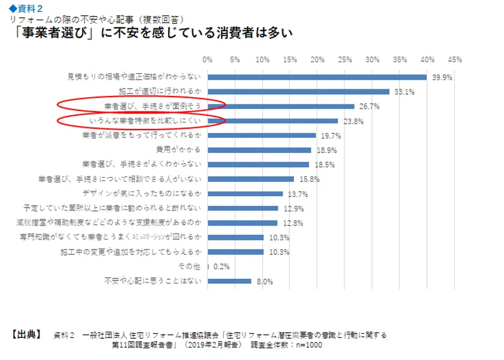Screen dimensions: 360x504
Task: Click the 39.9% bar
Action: [317, 77]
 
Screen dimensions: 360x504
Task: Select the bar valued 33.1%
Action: [298, 92]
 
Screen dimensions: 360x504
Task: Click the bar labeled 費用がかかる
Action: [259, 150]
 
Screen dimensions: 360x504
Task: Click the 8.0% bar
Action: [229, 281]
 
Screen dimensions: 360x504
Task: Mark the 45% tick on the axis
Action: [454, 59]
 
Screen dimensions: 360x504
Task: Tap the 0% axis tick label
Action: [208, 59]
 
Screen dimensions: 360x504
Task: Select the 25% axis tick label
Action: [345, 59]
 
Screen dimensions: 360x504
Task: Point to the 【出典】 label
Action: [26, 334]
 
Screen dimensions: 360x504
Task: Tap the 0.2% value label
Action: [221, 266]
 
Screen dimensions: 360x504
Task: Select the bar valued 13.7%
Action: [245, 194]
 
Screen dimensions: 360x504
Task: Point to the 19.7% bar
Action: [262, 136]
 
